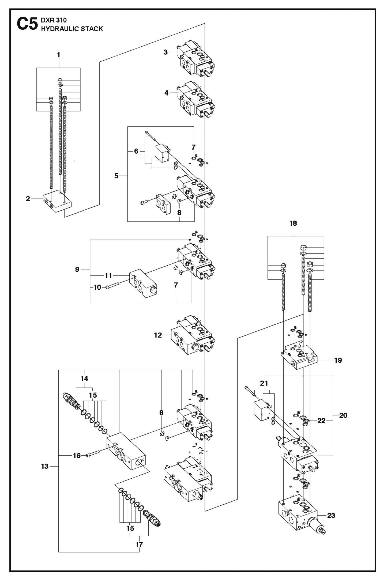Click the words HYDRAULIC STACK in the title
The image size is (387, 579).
click(x=72, y=29)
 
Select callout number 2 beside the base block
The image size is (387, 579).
click(x=28, y=199)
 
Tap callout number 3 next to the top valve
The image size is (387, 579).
click(x=166, y=52)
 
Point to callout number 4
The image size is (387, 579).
click(x=166, y=93)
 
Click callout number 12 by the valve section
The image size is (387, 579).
click(x=158, y=335)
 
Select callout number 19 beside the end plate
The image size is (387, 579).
click(x=338, y=360)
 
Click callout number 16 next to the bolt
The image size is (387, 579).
click(x=77, y=455)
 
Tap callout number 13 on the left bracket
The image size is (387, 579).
click(x=45, y=466)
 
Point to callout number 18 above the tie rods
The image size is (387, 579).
click(x=293, y=223)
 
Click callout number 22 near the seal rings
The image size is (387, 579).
click(x=321, y=421)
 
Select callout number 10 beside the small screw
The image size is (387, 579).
click(x=97, y=287)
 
